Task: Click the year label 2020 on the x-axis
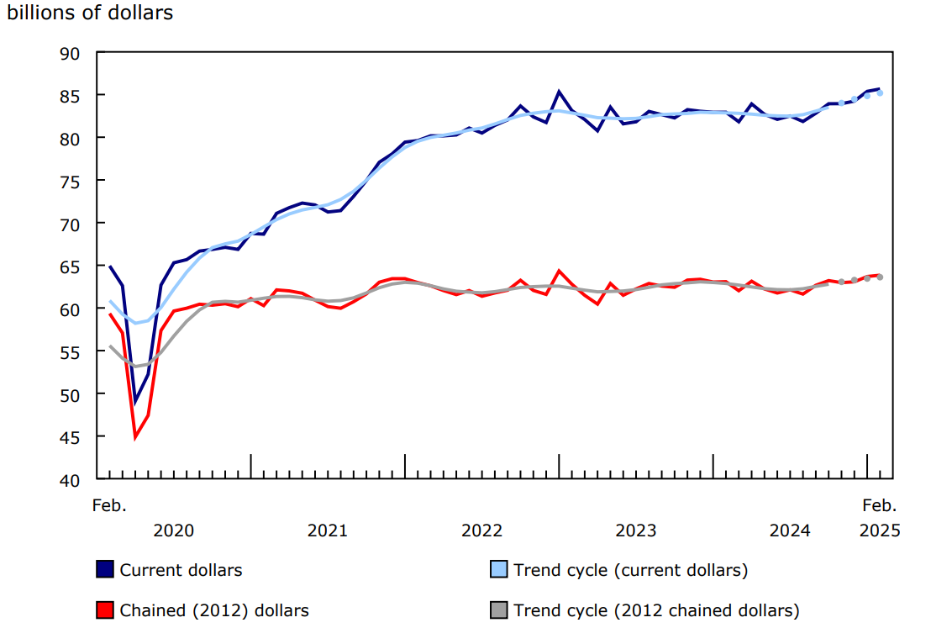click(x=173, y=530)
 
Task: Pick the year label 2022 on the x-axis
click(x=481, y=530)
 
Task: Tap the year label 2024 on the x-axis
click(x=790, y=530)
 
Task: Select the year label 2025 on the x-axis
click(x=880, y=530)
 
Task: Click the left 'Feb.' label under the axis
click(x=109, y=506)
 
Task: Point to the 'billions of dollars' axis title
click(x=90, y=14)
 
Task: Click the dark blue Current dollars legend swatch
click(x=105, y=570)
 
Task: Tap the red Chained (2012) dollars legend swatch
click(x=105, y=610)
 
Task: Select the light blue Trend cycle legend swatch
click(x=499, y=570)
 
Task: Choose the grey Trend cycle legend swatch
click(x=499, y=610)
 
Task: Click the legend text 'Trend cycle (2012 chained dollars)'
click(x=656, y=610)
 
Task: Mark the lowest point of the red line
click(x=135, y=437)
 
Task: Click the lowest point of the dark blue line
click(x=135, y=402)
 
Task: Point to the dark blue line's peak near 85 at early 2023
click(x=559, y=92)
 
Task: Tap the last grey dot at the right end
click(x=880, y=277)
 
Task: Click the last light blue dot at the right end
click(x=880, y=93)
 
